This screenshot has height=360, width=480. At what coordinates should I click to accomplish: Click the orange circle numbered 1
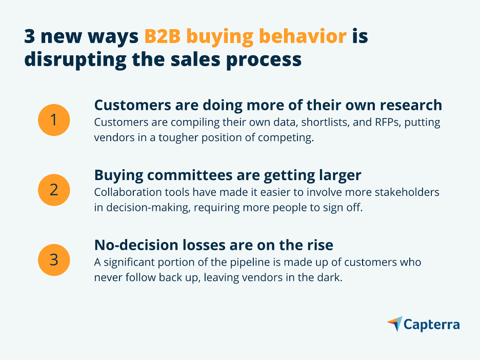(54, 119)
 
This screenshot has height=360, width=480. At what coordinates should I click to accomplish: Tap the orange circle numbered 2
(54, 190)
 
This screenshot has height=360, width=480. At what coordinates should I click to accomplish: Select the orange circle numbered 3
(54, 260)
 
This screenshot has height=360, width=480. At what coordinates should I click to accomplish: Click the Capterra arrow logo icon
(395, 324)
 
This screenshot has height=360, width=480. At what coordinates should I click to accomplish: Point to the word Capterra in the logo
(432, 325)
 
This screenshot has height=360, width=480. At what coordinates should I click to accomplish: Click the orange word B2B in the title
(162, 36)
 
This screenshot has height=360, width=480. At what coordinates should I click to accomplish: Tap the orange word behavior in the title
(303, 36)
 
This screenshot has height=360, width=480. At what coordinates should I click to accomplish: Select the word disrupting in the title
(75, 59)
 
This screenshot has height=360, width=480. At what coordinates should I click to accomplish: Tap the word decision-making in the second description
(149, 208)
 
